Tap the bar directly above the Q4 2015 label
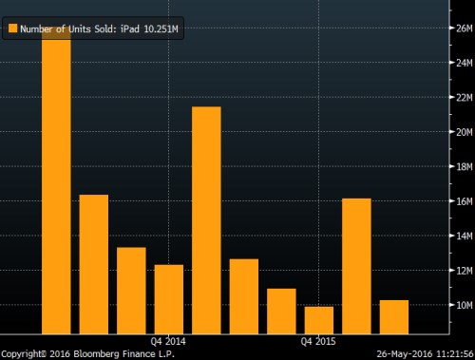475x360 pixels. (319, 319)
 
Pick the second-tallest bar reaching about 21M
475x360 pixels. (206, 219)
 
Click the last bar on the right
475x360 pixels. (394, 316)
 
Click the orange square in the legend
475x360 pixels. (12, 28)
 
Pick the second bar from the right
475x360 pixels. (356, 265)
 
